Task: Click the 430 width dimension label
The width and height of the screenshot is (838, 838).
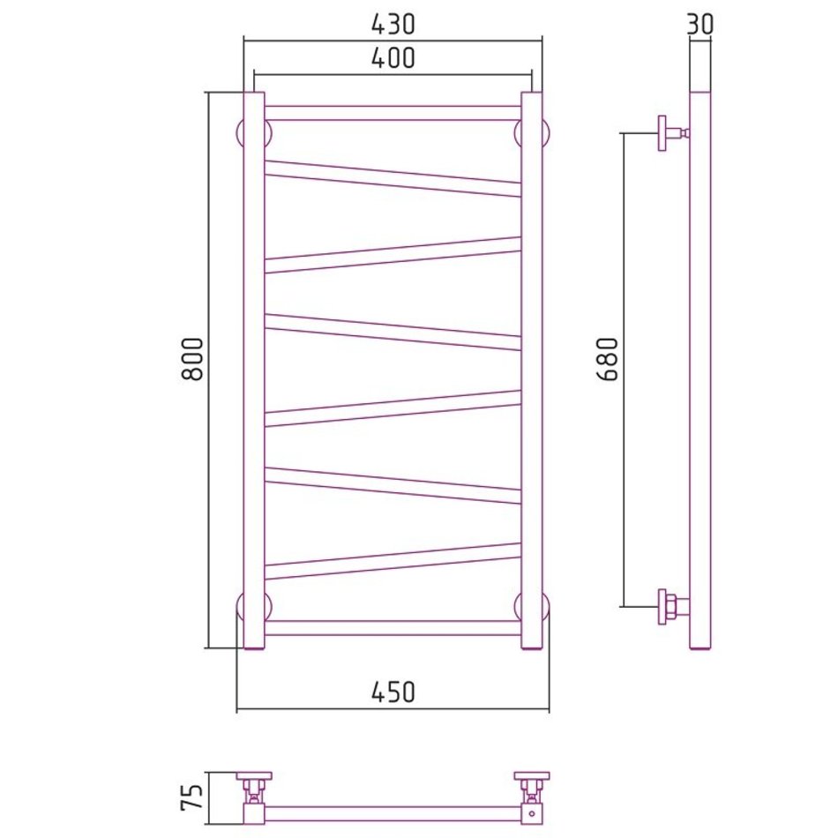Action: pos(393,24)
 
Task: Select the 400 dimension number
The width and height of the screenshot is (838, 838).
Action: pos(393,57)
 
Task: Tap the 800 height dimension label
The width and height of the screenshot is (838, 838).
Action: pos(192,358)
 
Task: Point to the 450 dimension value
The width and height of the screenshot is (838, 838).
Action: pos(393,692)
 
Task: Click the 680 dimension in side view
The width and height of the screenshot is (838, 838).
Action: pos(607,359)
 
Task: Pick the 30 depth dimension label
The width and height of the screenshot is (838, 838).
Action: pos(700,24)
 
